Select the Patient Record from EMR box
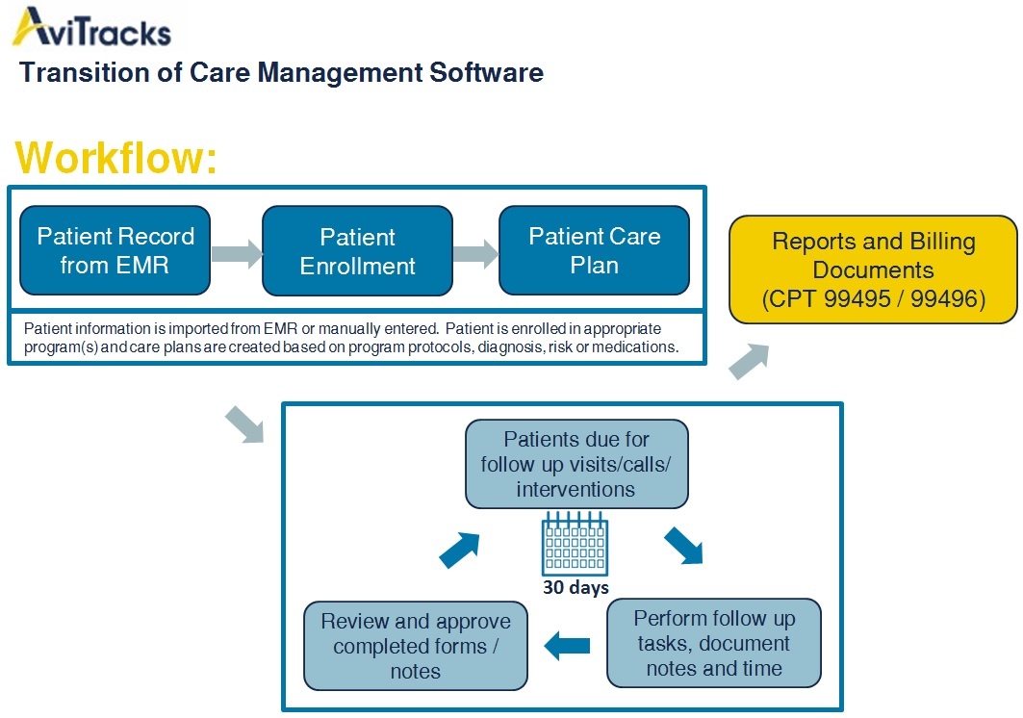coord(115,250)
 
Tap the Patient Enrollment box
coord(357,251)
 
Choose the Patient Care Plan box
coord(594,250)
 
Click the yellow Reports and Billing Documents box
coord(873,269)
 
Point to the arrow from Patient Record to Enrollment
coord(237,253)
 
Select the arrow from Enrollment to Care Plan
coord(475,254)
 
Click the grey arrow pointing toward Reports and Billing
coord(749,361)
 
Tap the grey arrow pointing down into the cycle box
coord(244,424)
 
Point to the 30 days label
coord(575,587)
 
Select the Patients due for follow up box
coord(576,464)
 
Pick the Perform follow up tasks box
coord(713,643)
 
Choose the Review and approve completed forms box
coord(416,646)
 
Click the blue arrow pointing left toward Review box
coord(567,646)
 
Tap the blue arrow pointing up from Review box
coord(460,548)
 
